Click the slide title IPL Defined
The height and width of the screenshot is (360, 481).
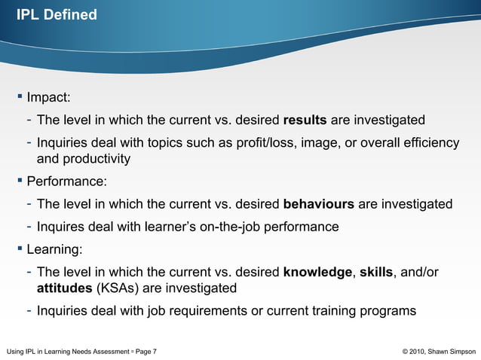57,14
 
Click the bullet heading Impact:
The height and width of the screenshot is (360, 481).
48,98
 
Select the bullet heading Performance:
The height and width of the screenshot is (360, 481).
66,182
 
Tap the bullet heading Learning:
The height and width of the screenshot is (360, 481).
54,249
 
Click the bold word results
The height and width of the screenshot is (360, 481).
304,121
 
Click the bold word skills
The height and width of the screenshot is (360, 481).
376,272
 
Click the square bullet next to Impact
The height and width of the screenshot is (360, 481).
20,97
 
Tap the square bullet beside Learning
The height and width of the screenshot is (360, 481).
20,249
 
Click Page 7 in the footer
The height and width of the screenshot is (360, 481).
145,351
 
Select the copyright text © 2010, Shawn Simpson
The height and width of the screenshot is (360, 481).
440,351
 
